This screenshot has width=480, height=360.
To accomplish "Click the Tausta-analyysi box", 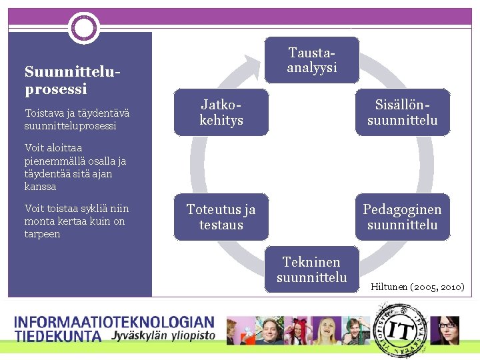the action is [312, 60].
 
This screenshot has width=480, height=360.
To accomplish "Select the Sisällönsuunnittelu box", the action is [402, 112].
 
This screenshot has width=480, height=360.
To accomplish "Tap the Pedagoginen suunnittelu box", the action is [402, 217].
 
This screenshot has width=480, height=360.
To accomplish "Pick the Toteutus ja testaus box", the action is [221, 217].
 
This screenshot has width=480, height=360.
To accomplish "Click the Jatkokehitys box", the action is [221, 112].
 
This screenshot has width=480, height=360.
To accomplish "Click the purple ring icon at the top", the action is [84, 28].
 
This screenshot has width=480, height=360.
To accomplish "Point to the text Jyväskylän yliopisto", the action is [164, 335].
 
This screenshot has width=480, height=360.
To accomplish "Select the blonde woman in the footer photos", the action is [327, 331].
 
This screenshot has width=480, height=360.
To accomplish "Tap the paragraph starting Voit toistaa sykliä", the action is [76, 221].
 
